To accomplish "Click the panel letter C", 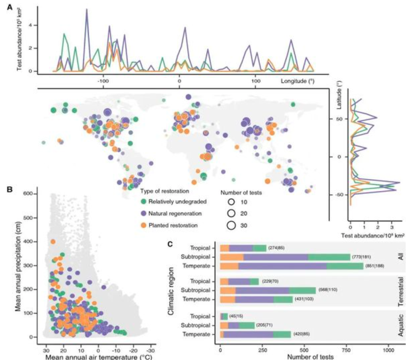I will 170,244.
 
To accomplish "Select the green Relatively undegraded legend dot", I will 145,201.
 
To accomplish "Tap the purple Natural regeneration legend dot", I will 145,213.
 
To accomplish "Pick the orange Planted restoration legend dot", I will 145,225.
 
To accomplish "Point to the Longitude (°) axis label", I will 297,80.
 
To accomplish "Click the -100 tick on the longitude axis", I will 102,80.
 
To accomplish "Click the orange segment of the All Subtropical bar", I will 232,257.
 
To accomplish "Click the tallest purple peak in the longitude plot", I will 87,9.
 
